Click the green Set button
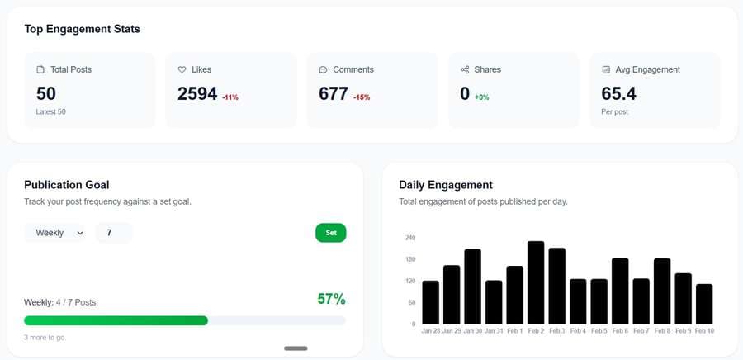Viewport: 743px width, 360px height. [330, 233]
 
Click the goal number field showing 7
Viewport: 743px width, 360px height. [113, 233]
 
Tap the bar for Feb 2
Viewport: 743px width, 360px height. [536, 282]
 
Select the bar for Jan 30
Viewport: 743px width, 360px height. [472, 287]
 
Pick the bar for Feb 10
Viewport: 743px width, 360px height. [704, 304]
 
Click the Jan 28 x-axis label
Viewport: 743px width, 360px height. [431, 331]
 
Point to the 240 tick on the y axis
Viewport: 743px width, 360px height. [410, 238]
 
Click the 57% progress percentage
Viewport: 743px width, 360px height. [331, 299]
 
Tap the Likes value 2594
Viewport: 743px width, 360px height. [197, 94]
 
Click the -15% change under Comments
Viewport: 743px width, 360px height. [362, 97]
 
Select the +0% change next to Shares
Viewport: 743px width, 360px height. [481, 97]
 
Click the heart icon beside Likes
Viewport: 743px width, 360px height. [182, 69]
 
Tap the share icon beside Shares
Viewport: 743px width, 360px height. [465, 69]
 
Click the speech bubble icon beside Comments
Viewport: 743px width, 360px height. [324, 69]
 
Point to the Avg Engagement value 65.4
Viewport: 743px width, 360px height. [618, 94]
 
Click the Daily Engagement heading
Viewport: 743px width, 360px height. [445, 185]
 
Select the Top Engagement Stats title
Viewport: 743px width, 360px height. [82, 29]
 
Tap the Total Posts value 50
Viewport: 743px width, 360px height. [46, 94]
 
